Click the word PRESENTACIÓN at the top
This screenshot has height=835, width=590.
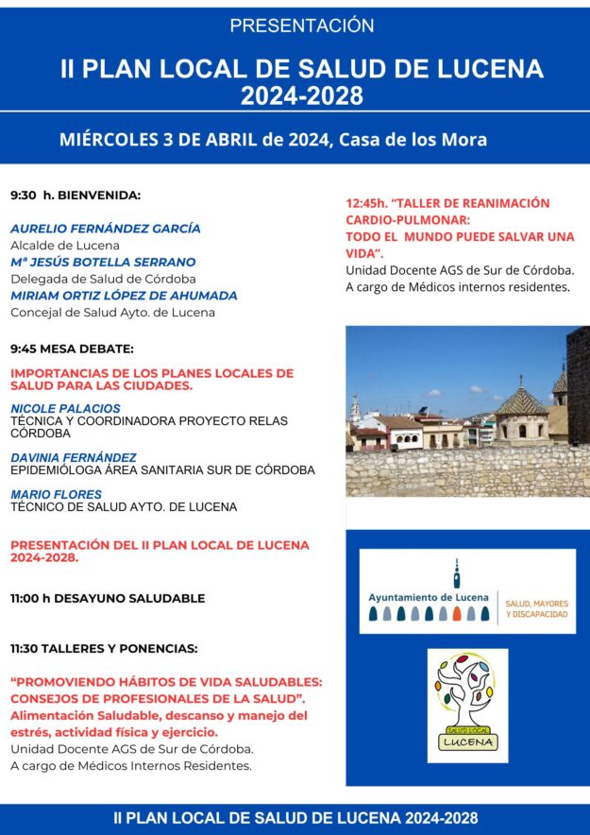click(301, 26)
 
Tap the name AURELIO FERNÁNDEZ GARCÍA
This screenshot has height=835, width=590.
click(106, 229)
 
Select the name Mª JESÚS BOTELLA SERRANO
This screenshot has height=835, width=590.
click(103, 262)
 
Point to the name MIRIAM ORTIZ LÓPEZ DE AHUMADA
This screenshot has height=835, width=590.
click(124, 296)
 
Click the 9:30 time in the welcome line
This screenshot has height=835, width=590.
click(24, 196)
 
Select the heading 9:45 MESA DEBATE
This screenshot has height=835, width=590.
click(72, 349)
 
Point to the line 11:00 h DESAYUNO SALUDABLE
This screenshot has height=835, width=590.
click(108, 598)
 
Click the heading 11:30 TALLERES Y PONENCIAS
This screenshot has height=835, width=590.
click(104, 648)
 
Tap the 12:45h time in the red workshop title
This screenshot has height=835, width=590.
click(365, 203)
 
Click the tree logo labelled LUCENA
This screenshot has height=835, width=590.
click(467, 705)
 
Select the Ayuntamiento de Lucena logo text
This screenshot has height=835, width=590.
click(430, 597)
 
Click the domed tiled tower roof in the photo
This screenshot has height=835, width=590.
click(520, 400)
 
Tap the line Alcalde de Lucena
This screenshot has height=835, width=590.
click(65, 246)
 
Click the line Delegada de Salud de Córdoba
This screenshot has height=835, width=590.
click(103, 279)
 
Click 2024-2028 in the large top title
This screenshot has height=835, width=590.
click(301, 95)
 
